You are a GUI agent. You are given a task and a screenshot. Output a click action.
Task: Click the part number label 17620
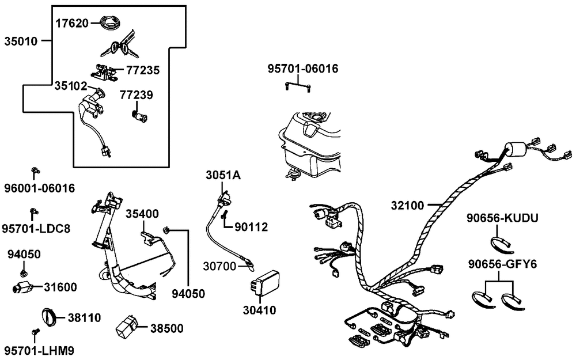click(x=71, y=24)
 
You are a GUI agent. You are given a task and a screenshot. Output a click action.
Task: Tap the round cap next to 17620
click(x=108, y=24)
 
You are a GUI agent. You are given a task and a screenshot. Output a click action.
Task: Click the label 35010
click(x=21, y=41)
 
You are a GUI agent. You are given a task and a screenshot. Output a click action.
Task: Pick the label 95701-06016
click(x=302, y=69)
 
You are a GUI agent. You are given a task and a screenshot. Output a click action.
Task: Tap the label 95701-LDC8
click(x=36, y=229)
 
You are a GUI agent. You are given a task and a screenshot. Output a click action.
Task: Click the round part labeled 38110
click(x=48, y=317)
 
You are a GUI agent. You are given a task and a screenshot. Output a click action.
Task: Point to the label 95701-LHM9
click(x=39, y=350)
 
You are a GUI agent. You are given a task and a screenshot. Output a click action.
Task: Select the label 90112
click(x=251, y=227)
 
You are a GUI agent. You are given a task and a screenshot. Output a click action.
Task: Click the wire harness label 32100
click(x=407, y=205)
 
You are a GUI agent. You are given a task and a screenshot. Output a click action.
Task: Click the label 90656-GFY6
click(x=502, y=264)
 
